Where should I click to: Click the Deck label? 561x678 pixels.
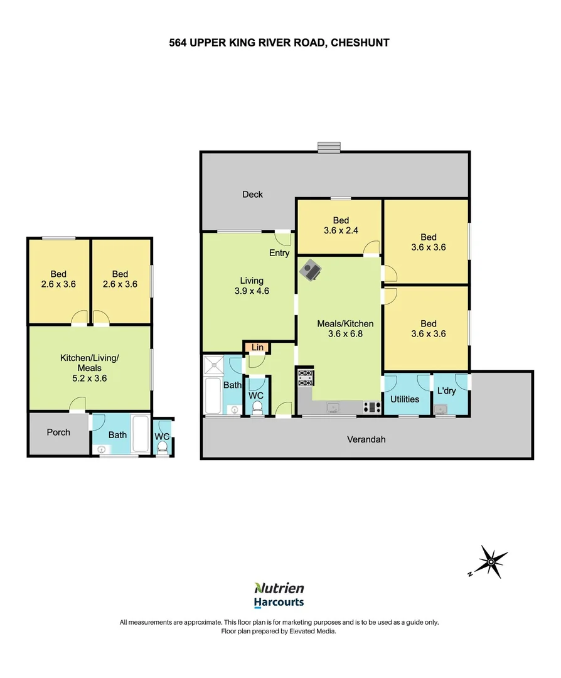252,195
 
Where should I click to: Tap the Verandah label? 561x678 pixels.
366,439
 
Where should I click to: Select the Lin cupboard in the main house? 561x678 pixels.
257,347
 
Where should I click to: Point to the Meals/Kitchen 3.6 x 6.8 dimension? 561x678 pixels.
345,334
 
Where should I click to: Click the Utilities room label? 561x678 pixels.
405,399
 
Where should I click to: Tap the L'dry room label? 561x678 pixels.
446,391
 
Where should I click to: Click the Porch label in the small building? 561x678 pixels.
58,433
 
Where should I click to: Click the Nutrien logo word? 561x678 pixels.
279,588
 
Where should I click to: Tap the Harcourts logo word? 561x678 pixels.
279,603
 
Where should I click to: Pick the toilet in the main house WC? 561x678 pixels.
256,408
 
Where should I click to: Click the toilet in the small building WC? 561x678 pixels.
163,448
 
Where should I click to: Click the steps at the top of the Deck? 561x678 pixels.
328,147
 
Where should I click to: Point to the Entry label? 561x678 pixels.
279,254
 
